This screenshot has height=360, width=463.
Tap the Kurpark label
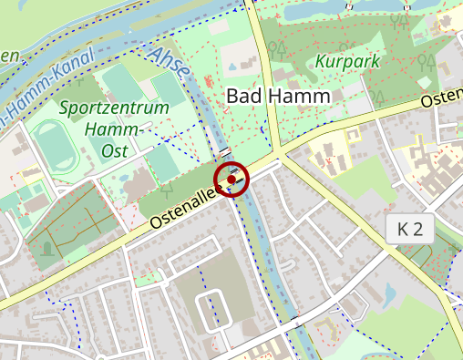tap(348, 62)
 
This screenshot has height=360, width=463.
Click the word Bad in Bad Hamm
tap(243, 96)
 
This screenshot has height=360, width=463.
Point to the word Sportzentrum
tap(115, 108)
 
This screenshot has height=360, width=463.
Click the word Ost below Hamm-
tap(114, 151)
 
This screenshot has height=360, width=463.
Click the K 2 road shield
tap(410, 229)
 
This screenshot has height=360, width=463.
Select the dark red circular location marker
tap(232, 179)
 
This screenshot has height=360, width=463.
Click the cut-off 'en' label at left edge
tap(9, 57)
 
